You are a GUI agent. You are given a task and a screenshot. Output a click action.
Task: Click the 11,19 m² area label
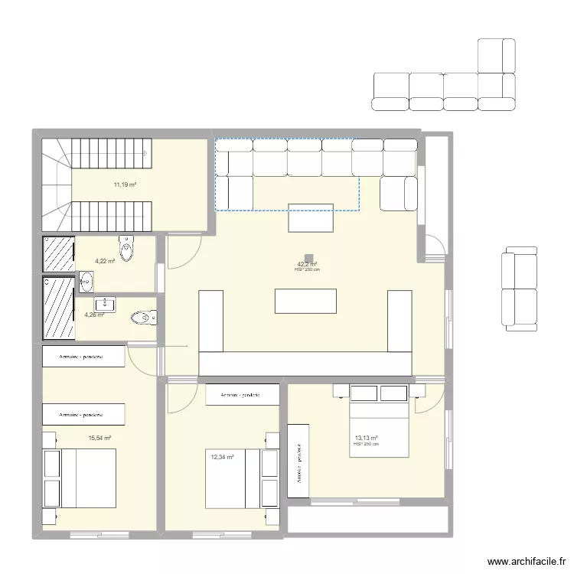pyautogui.click(x=125, y=184)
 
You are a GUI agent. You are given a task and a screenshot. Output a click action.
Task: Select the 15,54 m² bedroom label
pyautogui.click(x=99, y=439)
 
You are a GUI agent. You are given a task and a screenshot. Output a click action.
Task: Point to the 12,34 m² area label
pyautogui.click(x=222, y=458)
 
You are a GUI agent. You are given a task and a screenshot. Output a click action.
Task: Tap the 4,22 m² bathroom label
pyautogui.click(x=105, y=261)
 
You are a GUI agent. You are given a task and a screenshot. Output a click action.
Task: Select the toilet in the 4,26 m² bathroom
pyautogui.click(x=143, y=317)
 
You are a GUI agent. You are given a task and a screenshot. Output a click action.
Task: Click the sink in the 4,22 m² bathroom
pyautogui.click(x=85, y=284)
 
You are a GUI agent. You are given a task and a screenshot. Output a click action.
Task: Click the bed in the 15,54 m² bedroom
pyautogui.click(x=80, y=478)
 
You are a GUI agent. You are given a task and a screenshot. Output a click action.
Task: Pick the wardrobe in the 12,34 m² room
pyautogui.click(x=243, y=395)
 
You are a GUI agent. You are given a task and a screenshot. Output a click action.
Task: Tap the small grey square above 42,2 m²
pyautogui.click(x=308, y=259)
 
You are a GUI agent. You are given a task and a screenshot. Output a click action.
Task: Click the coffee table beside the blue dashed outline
pyautogui.click(x=311, y=217)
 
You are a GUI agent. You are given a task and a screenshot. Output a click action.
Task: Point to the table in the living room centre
pyautogui.click(x=306, y=300)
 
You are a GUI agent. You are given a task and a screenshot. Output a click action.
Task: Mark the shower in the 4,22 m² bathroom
pyautogui.click(x=58, y=253)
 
